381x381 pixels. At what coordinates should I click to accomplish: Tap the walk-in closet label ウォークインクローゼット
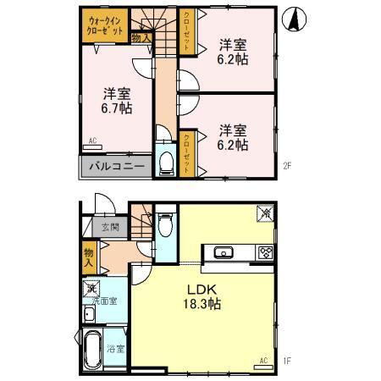pos(104,25)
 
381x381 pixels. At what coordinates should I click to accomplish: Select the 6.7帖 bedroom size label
pos(116,101)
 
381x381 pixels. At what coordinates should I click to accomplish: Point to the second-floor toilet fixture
pos(167,161)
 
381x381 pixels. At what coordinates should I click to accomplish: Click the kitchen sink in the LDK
pos(225,251)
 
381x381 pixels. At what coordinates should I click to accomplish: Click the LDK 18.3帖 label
pos(203,295)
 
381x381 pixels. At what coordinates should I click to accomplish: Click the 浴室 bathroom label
pos(116,348)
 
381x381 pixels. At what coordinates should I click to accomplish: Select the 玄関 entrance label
pos(110,227)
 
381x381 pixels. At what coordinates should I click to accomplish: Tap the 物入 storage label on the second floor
pos(141,37)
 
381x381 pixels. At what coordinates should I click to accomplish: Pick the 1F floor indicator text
pos(287,362)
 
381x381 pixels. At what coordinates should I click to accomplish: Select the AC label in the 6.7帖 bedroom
pos(92,141)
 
